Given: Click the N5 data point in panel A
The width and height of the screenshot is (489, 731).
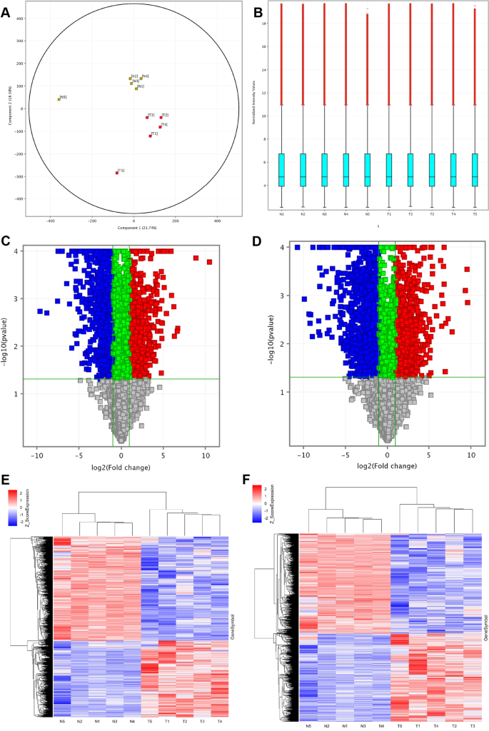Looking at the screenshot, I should (x=59, y=99).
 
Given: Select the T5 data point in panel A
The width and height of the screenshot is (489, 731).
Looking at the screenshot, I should (x=117, y=173).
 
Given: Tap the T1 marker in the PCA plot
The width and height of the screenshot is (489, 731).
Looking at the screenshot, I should (x=150, y=136).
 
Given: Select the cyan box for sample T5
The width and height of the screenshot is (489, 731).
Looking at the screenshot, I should (x=475, y=170).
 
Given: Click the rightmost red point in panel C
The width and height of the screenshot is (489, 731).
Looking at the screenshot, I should (x=209, y=262).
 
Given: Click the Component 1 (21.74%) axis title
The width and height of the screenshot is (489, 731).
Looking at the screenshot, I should (x=133, y=227).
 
